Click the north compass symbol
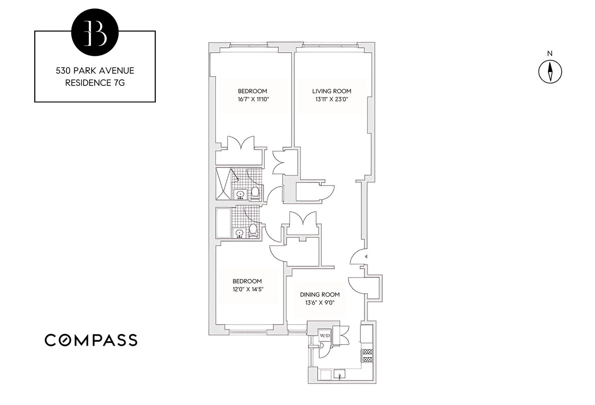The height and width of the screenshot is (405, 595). click(x=550, y=71)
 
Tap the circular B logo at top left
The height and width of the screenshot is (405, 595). click(x=95, y=31)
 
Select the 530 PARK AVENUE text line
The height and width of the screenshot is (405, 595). click(x=95, y=71)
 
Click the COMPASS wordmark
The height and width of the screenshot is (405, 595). click(x=91, y=340)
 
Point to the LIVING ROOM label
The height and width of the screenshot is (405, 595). click(x=331, y=91)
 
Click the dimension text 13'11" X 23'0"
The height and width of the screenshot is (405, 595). click(x=331, y=99)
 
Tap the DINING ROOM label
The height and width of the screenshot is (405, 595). click(x=320, y=295)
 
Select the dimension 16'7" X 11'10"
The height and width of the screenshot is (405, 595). click(x=252, y=99)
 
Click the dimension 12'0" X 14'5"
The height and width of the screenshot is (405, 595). click(x=247, y=289)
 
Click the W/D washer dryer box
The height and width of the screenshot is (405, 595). click(x=324, y=335)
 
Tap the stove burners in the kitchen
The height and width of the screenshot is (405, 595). click(x=367, y=356)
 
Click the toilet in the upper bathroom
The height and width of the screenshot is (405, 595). click(x=255, y=193)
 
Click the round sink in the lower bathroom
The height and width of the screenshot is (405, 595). click(x=239, y=233)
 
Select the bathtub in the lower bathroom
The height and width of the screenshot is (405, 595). click(x=223, y=223)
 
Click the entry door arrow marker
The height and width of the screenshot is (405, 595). click(x=366, y=256)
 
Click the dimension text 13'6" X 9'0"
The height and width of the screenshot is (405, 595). click(x=320, y=303)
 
